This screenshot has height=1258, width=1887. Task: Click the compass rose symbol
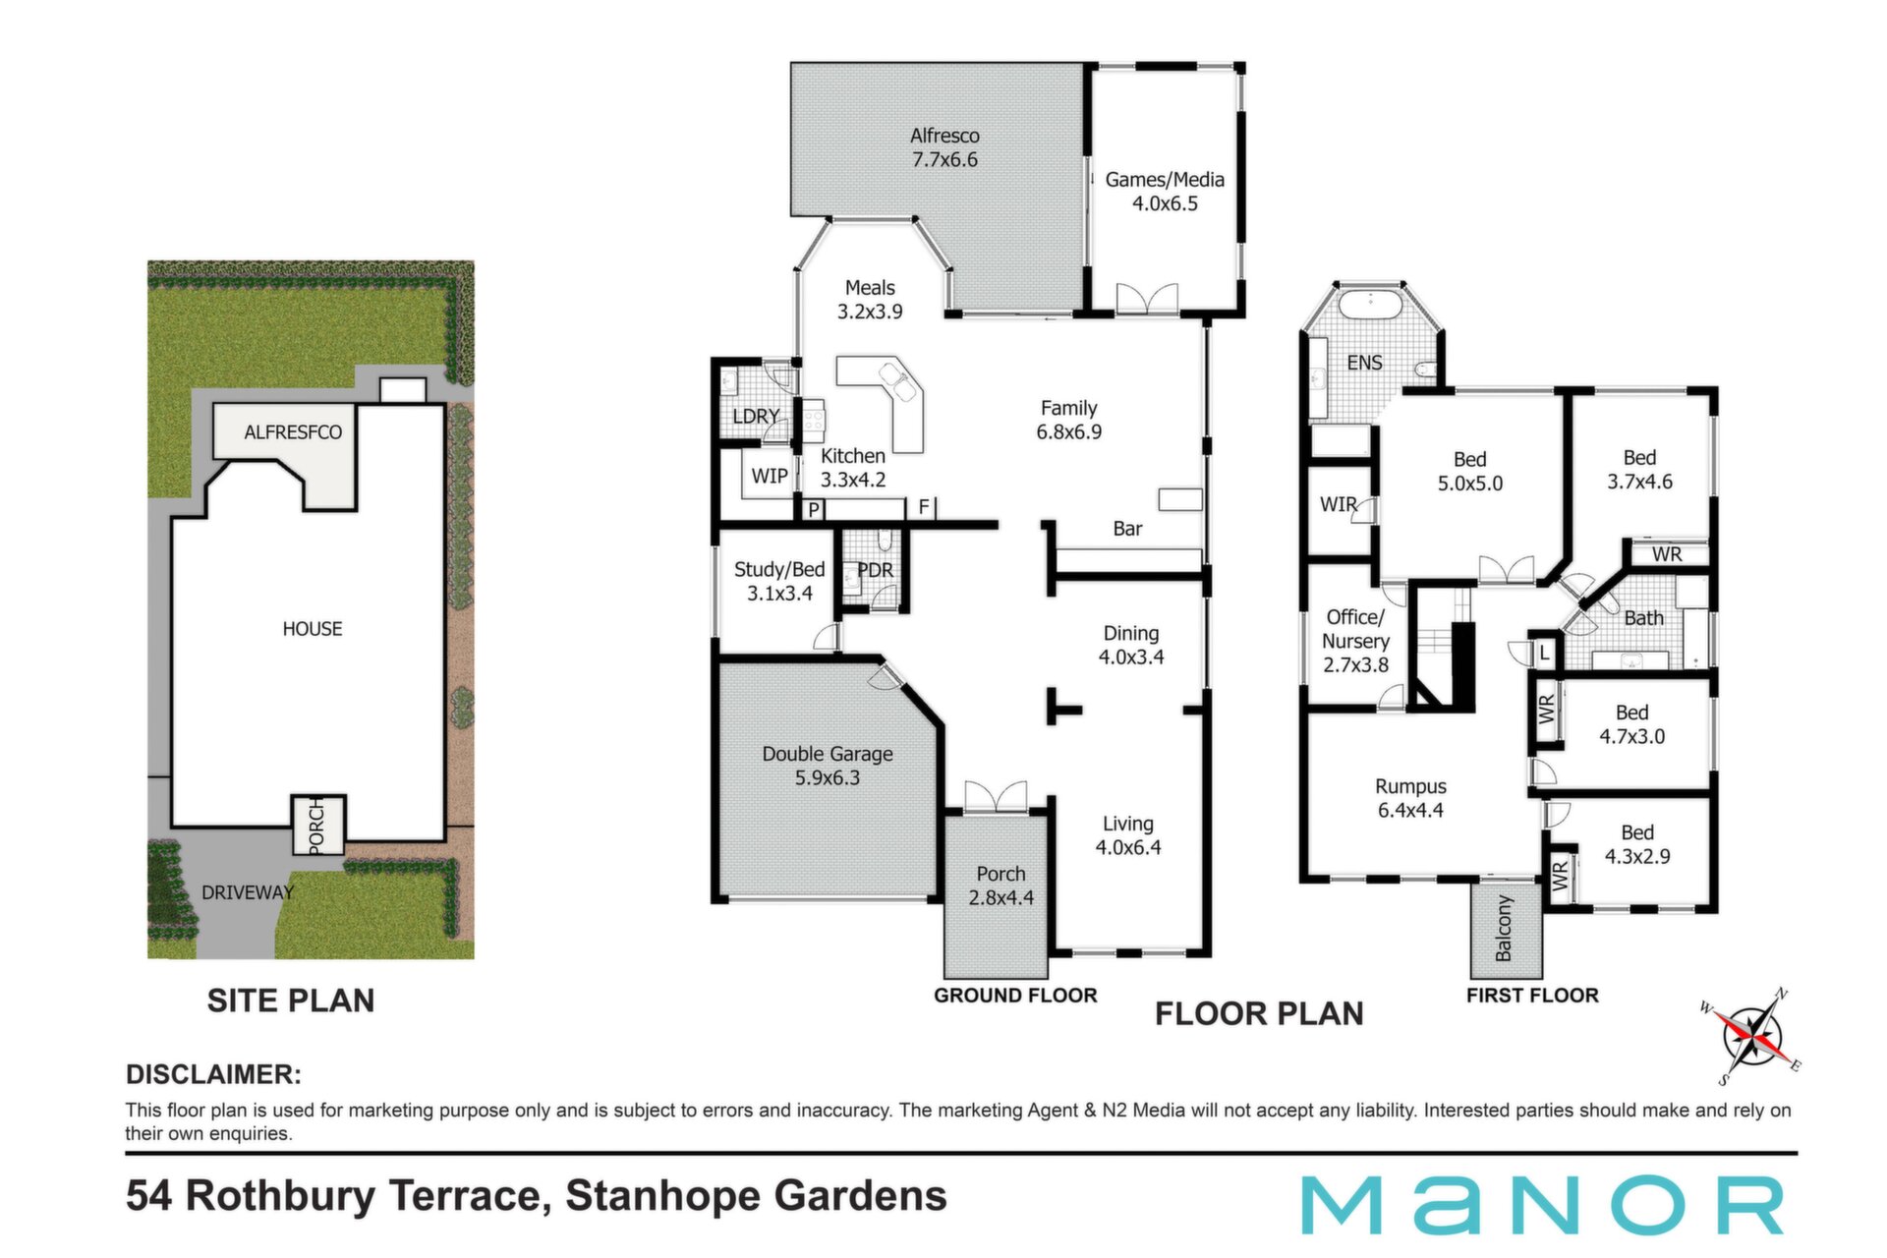pos(1750,1037)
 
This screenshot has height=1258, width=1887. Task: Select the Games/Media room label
pos(1165,192)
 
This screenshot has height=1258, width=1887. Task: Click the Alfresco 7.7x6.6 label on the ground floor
pos(944,147)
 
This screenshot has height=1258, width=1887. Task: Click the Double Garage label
pos(828,766)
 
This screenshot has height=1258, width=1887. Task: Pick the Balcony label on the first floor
pos(1504,928)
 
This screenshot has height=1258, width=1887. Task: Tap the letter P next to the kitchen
pos(814,509)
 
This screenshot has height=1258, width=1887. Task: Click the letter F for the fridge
pos(924,507)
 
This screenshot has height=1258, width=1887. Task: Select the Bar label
pos(1127,529)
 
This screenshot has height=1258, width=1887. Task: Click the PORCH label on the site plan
pos(316,826)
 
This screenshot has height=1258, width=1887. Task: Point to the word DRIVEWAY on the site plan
pos(248,892)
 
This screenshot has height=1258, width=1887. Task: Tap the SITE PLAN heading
pos(291,1001)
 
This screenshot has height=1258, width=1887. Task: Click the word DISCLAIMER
pos(213,1074)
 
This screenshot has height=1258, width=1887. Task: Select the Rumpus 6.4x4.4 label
pos(1410,798)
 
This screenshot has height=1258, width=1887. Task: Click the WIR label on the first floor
pos(1338,505)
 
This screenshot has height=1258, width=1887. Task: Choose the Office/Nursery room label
pos(1355,641)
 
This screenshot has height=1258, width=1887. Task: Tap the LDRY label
pos(756,417)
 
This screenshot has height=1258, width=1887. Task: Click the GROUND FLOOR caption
pos(1015,996)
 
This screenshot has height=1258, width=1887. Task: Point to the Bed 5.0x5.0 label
pos(1470,472)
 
